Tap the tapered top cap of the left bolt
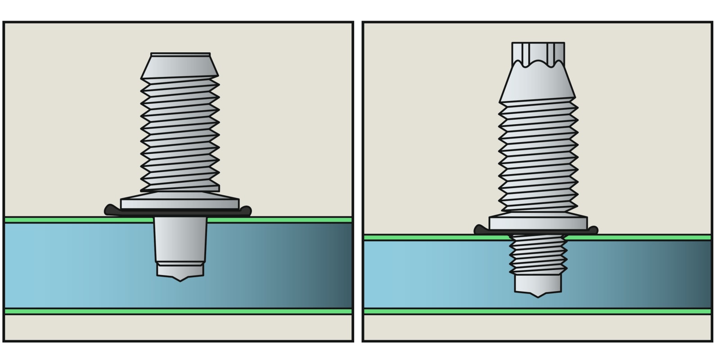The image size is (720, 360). [180, 66]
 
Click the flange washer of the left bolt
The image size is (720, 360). [180, 202]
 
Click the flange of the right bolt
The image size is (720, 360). [538, 223]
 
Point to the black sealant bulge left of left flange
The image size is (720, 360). [110, 210]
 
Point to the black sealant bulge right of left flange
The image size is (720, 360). [246, 210]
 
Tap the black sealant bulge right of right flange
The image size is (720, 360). [593, 230]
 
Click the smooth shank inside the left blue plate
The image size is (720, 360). [180, 241]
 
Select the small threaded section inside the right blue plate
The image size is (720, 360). [538, 254]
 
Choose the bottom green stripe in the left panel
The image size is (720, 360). [90, 311]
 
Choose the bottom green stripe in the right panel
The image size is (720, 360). [450, 311]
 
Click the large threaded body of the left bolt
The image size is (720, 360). [180, 135]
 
